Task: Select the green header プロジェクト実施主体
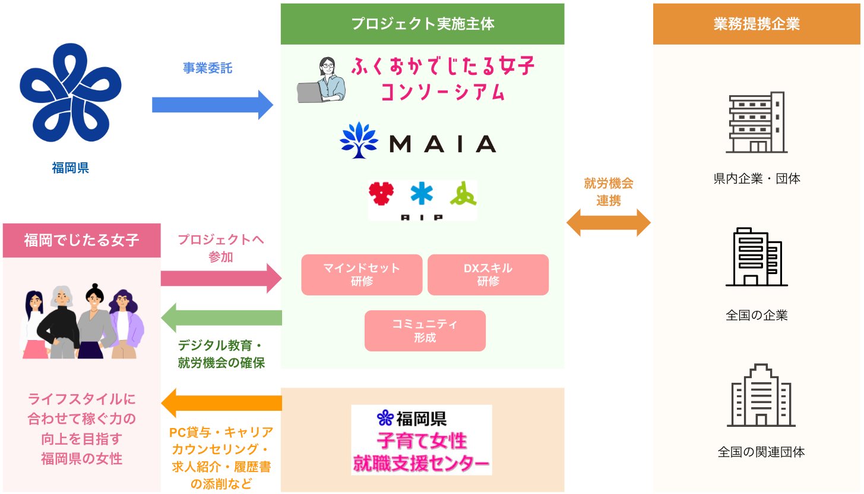coord(422,24)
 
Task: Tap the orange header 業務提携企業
coord(757,24)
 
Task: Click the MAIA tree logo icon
coord(359,140)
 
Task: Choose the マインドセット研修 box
coord(362,275)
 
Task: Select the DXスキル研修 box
coord(488,275)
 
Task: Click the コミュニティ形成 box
coord(425,331)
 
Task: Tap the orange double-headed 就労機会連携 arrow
coord(609,223)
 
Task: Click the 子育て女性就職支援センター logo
coord(421,440)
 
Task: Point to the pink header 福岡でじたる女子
coord(81,240)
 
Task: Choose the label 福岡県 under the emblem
coord(70,168)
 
